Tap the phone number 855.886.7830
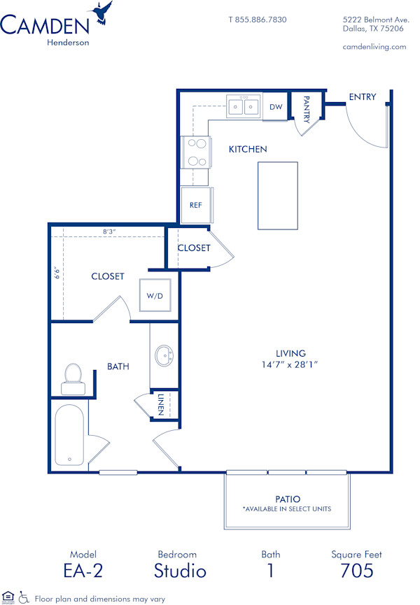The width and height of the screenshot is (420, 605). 258,20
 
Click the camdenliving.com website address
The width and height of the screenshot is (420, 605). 374,47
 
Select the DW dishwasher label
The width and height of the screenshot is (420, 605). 275,107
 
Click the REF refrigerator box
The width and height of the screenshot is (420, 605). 196,205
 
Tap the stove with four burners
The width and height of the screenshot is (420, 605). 196,152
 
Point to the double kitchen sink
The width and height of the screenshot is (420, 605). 243,107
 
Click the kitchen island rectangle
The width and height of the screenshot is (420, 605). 278,195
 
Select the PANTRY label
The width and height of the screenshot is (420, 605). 306,108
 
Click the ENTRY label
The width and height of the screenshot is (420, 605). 362,97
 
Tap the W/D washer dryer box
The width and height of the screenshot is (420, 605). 155,296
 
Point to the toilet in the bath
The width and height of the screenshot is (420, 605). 73,378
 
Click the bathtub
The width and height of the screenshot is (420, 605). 69,435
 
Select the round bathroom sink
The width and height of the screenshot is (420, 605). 166,355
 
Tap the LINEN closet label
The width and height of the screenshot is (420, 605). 161,404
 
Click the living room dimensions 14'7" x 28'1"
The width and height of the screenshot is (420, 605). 290,364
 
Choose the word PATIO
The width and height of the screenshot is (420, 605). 287,499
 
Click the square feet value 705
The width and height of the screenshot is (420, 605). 357,571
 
